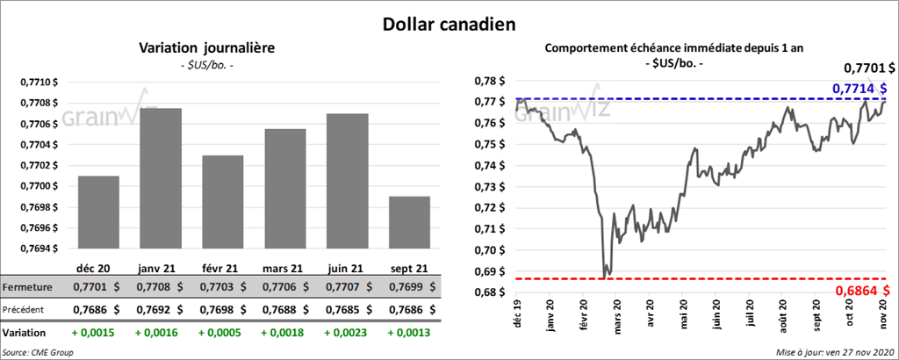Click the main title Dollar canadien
pyautogui.click(x=449, y=23)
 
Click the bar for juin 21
pyautogui.click(x=347, y=181)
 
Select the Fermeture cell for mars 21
pyautogui.click(x=283, y=287)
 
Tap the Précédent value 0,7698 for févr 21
pyautogui.click(x=220, y=309)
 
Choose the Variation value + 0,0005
pyautogui.click(x=220, y=334)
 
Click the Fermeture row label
pyautogui.click(x=27, y=287)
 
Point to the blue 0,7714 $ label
pyautogui.click(x=858, y=88)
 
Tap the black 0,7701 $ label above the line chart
pyautogui.click(x=868, y=67)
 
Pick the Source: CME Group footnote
pyautogui.click(x=38, y=352)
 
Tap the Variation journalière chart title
pyautogui.click(x=207, y=47)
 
